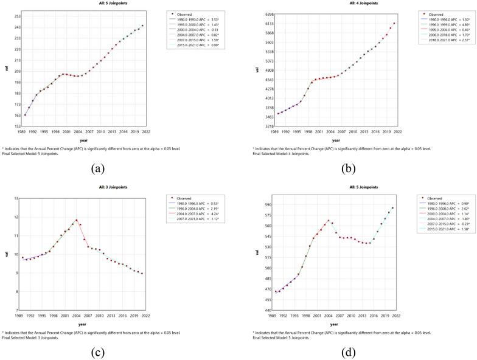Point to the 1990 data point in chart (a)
[x=26, y=114]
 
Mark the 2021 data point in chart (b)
[x=394, y=23]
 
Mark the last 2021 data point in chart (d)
[x=392, y=208]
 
